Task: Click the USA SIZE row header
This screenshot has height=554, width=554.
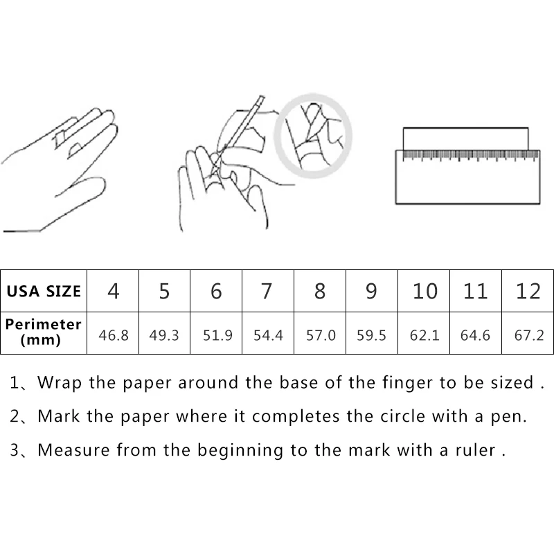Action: tap(44, 291)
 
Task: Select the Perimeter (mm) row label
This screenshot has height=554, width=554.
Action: tap(44, 331)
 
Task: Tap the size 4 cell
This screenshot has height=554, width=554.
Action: tap(113, 291)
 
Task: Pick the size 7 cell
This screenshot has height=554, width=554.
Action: tap(267, 291)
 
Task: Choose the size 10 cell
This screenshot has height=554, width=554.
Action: tap(425, 291)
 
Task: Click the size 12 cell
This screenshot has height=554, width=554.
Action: tap(528, 291)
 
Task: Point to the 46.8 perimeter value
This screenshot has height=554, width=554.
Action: tap(113, 335)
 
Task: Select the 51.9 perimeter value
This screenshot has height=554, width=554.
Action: tap(217, 335)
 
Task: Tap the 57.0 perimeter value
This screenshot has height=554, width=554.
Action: tap(320, 335)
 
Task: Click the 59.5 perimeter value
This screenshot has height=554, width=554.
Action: tap(372, 335)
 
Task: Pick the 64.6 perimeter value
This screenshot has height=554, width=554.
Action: tap(475, 335)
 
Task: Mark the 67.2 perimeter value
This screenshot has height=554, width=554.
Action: tap(528, 335)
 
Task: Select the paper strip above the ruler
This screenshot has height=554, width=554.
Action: tap(465, 138)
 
